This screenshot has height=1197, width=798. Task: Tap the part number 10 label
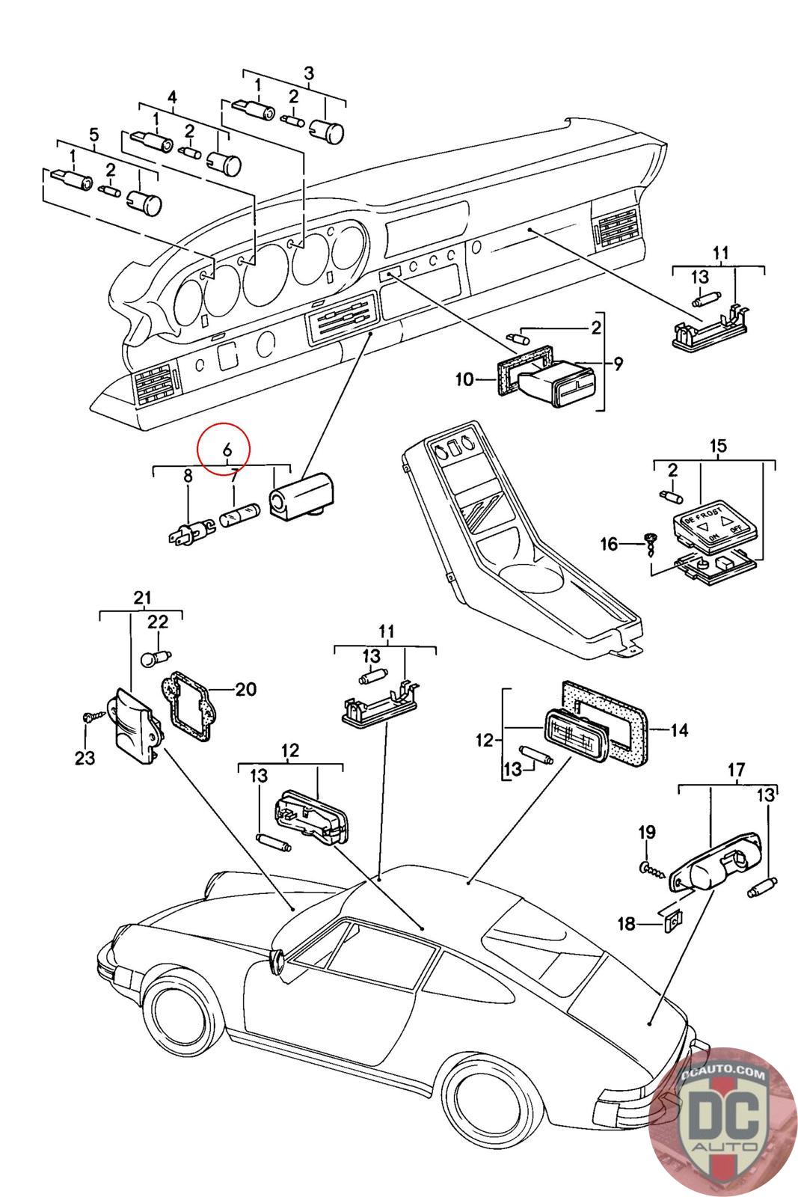[x=464, y=379]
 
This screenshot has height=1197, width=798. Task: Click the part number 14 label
[x=679, y=729]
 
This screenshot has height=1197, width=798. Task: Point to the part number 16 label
[x=610, y=543]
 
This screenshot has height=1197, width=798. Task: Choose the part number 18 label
[x=626, y=925]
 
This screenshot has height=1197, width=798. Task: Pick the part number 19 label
[x=647, y=832]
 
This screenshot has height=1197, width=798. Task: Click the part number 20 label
[x=245, y=689]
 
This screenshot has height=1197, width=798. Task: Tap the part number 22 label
[x=158, y=622]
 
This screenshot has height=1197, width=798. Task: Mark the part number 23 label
[x=85, y=758]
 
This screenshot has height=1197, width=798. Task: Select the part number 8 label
[x=188, y=476]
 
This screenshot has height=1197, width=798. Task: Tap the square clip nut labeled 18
[x=672, y=922]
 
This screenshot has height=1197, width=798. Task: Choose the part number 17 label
[x=736, y=769]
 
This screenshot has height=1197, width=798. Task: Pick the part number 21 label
[x=142, y=597]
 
